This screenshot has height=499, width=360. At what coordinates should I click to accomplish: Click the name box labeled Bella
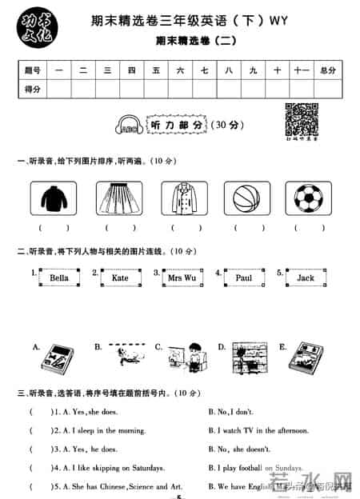(x=59, y=278)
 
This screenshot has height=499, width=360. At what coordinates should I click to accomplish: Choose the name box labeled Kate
(x=120, y=278)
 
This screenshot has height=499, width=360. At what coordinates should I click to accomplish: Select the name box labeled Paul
(x=244, y=278)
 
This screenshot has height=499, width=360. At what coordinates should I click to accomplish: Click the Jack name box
(x=306, y=278)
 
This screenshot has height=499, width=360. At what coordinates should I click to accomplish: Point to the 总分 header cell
(x=328, y=71)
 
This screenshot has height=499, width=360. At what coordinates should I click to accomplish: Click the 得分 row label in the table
(x=34, y=89)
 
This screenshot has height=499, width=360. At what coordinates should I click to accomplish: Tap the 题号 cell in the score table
(x=34, y=71)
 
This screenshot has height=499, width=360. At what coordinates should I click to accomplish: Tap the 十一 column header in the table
(x=301, y=71)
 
